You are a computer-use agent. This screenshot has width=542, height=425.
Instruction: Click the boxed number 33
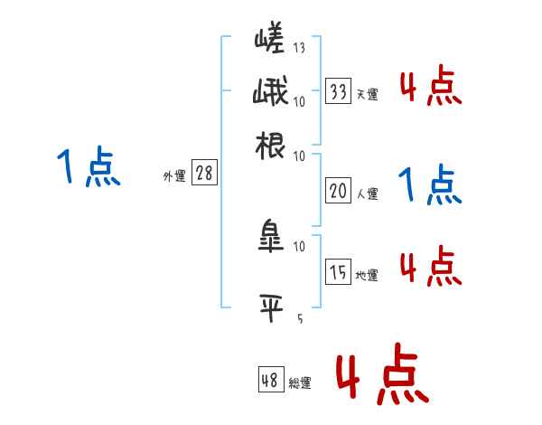339,92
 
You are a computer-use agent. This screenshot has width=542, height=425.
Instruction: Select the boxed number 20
339,191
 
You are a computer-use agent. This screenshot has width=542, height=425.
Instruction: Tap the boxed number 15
339,272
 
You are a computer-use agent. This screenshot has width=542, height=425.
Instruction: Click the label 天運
367,94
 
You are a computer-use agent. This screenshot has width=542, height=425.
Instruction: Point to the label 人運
367,193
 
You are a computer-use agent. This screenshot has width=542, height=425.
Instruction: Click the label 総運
299,383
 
